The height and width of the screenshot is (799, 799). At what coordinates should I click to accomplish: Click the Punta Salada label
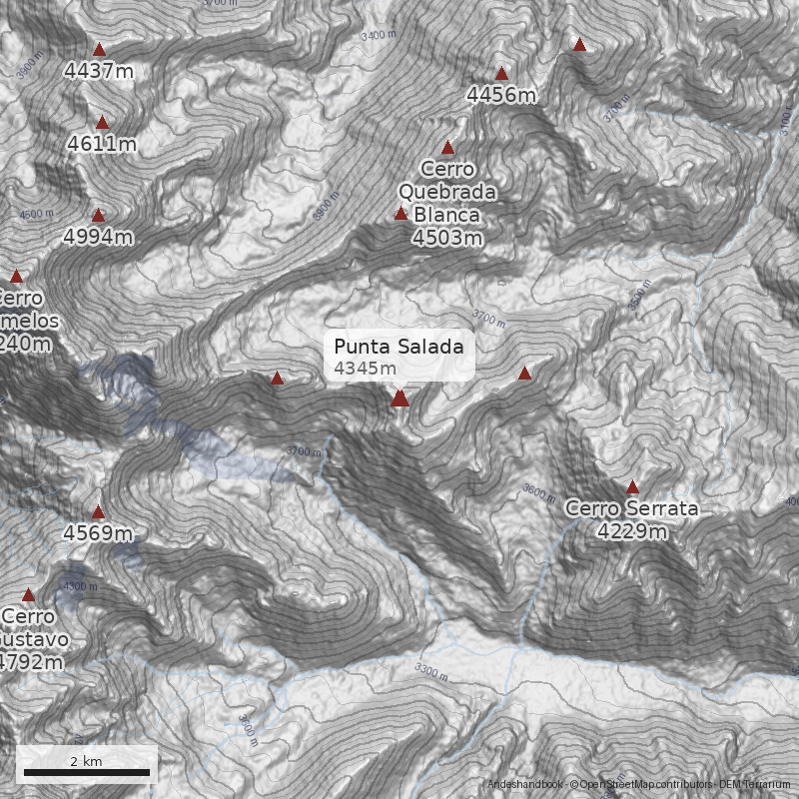point(399,347)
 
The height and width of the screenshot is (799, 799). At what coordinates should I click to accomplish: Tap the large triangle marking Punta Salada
point(399,398)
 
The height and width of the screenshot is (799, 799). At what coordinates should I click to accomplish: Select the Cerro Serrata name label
point(631,508)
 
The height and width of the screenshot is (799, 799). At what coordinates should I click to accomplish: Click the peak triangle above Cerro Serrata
point(631,487)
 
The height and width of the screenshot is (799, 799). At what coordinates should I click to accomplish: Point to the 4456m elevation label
point(501,95)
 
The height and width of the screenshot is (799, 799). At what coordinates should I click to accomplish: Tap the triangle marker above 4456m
point(501,73)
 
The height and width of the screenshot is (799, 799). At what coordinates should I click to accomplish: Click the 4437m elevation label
point(98,71)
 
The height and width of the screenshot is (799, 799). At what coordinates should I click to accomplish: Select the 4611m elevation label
point(102,144)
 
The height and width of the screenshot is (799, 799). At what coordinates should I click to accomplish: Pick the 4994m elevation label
point(98,237)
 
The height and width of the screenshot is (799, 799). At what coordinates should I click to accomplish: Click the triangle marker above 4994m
point(98,215)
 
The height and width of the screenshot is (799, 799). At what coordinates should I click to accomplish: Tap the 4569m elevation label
point(98,533)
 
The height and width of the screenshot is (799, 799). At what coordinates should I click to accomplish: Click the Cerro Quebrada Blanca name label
point(447,191)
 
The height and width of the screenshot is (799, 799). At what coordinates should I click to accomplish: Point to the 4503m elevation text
point(447,238)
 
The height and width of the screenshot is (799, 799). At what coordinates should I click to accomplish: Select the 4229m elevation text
point(631,531)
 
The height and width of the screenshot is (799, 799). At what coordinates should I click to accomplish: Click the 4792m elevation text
point(30,661)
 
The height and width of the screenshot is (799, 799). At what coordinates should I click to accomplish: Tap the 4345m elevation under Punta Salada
point(366,369)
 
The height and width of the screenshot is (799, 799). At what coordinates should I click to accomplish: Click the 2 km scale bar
point(86,771)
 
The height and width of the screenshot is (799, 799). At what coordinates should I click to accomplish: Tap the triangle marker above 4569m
point(98,512)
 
